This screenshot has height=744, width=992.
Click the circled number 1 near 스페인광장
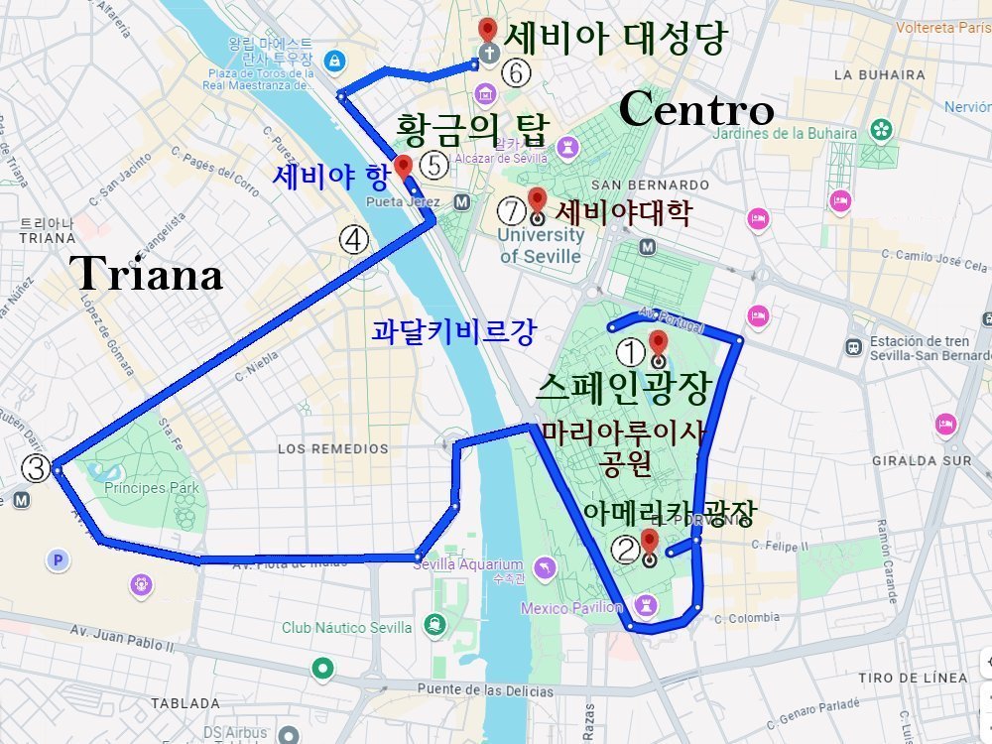(x=632, y=351)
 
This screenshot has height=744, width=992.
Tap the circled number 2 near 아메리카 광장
(x=625, y=549)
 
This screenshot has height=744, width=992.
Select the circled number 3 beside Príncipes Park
(x=36, y=467)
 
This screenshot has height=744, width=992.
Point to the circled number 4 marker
(x=354, y=238)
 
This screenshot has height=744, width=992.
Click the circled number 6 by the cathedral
(x=516, y=71)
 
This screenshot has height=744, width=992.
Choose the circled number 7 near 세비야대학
(x=511, y=210)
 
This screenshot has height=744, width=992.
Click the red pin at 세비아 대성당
(x=487, y=31)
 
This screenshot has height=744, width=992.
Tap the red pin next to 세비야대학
(x=537, y=199)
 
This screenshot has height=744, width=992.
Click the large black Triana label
(x=147, y=274)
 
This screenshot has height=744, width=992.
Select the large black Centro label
(x=695, y=110)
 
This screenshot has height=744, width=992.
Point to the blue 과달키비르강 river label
(x=453, y=331)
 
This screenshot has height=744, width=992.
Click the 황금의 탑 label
(x=471, y=129)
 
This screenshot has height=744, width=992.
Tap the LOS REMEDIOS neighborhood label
(x=333, y=448)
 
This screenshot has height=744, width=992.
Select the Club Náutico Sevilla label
(x=346, y=627)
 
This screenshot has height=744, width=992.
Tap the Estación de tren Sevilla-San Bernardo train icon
(x=853, y=347)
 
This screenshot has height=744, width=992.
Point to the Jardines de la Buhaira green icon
(x=880, y=129)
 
